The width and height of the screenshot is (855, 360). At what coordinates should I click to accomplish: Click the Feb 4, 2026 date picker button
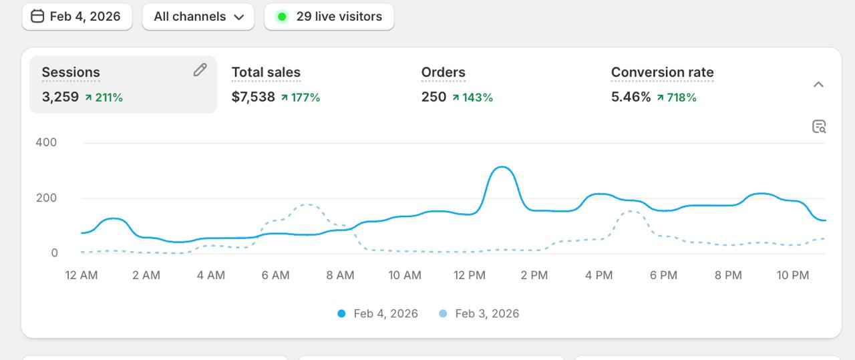pos(77,17)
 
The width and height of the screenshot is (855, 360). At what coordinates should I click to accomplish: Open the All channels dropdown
pos(198,17)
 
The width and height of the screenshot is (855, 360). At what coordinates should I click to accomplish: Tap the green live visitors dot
pos(282,17)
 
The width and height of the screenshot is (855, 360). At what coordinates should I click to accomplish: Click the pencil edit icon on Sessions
pos(200,70)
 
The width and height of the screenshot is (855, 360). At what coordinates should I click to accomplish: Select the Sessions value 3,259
pos(60,97)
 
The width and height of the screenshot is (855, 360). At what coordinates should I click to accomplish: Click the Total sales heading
pos(266,72)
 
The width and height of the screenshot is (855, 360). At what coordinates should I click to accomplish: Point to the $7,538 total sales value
pos(253,97)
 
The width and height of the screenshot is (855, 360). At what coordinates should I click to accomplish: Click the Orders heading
pos(443,72)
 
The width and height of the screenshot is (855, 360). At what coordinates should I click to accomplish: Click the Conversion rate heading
pos(662,72)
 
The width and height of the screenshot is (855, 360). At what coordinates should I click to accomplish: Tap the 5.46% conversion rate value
pos(631,97)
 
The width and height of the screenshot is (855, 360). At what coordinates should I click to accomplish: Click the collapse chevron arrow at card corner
pos(818,85)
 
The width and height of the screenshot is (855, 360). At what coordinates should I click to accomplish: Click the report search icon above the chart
pos(819,127)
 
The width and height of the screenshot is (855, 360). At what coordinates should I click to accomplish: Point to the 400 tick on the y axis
pos(46,142)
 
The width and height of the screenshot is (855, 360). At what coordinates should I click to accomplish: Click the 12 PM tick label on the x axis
pos(469,275)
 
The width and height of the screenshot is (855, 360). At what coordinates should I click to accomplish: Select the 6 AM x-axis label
pos(275,275)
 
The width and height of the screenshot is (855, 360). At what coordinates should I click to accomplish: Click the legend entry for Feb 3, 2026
pos(479,313)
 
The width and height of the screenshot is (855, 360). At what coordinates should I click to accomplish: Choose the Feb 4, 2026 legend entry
pos(378,313)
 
